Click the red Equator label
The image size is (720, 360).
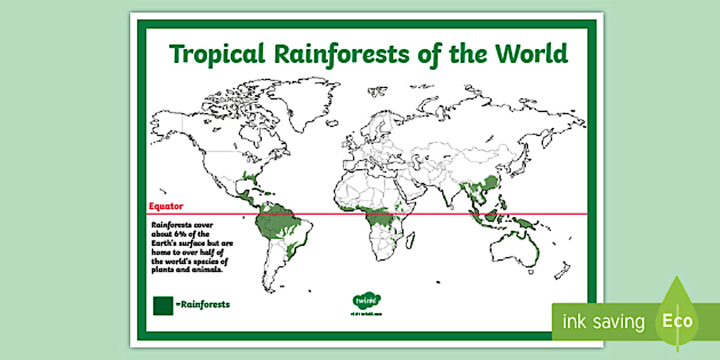(x=166, y=206)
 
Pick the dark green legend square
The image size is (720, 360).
(x=163, y=305)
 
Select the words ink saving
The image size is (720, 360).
(x=603, y=322)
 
